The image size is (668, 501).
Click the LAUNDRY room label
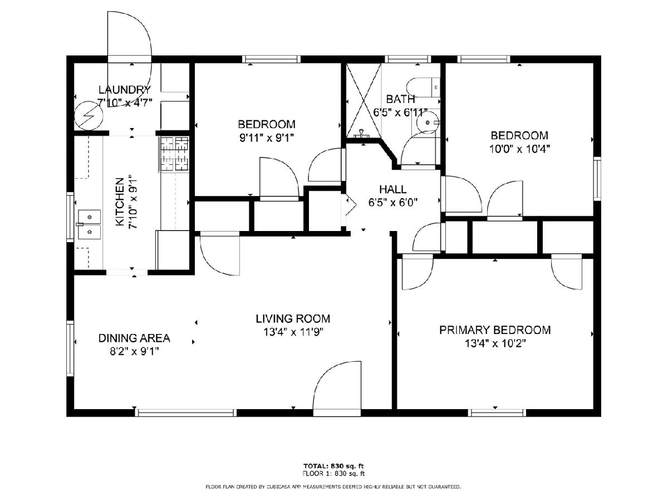125,90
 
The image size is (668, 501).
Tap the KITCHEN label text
120,202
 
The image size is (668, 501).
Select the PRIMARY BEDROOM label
495,330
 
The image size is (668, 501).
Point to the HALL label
392,189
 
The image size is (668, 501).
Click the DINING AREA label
134,338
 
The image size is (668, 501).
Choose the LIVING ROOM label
293,319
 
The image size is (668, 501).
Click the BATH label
400,99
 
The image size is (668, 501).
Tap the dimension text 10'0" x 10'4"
519,149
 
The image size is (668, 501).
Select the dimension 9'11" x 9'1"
267,139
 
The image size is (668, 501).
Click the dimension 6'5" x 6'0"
392,203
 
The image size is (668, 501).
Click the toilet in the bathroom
423,87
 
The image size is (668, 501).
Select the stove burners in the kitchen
174,154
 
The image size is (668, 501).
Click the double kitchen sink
89,224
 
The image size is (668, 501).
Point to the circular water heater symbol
89,116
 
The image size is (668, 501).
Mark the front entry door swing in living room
337,385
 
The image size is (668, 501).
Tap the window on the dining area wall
70,352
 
